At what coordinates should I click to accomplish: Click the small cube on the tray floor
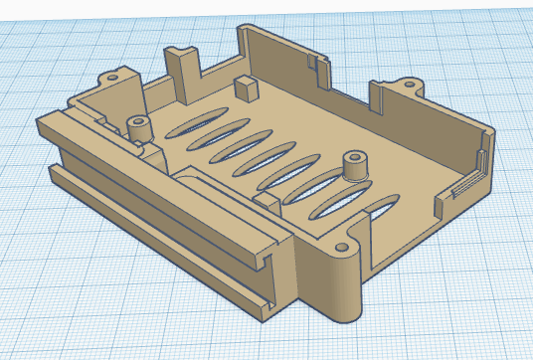pos(243,86)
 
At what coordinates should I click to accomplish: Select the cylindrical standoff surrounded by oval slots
pos(353,165)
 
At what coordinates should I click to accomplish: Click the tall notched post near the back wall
pos(183,67)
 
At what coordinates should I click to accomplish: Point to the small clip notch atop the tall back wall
pos(316,63)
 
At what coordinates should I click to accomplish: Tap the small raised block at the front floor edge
pos(266,198)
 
